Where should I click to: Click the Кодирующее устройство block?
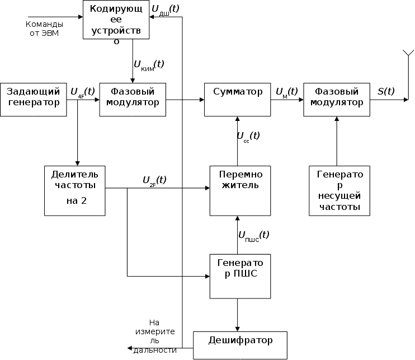coord(116,20)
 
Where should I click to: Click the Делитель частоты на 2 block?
coord(75,190)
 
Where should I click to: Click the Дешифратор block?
coord(240,345)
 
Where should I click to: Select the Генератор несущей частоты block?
coord(336,190)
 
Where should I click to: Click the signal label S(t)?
coord(385,91)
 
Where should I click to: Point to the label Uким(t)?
coord(148,65)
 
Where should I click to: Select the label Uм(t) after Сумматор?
coord(286,91)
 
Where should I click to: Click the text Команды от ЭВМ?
coord(44,29)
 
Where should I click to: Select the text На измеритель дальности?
coord(155,336)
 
